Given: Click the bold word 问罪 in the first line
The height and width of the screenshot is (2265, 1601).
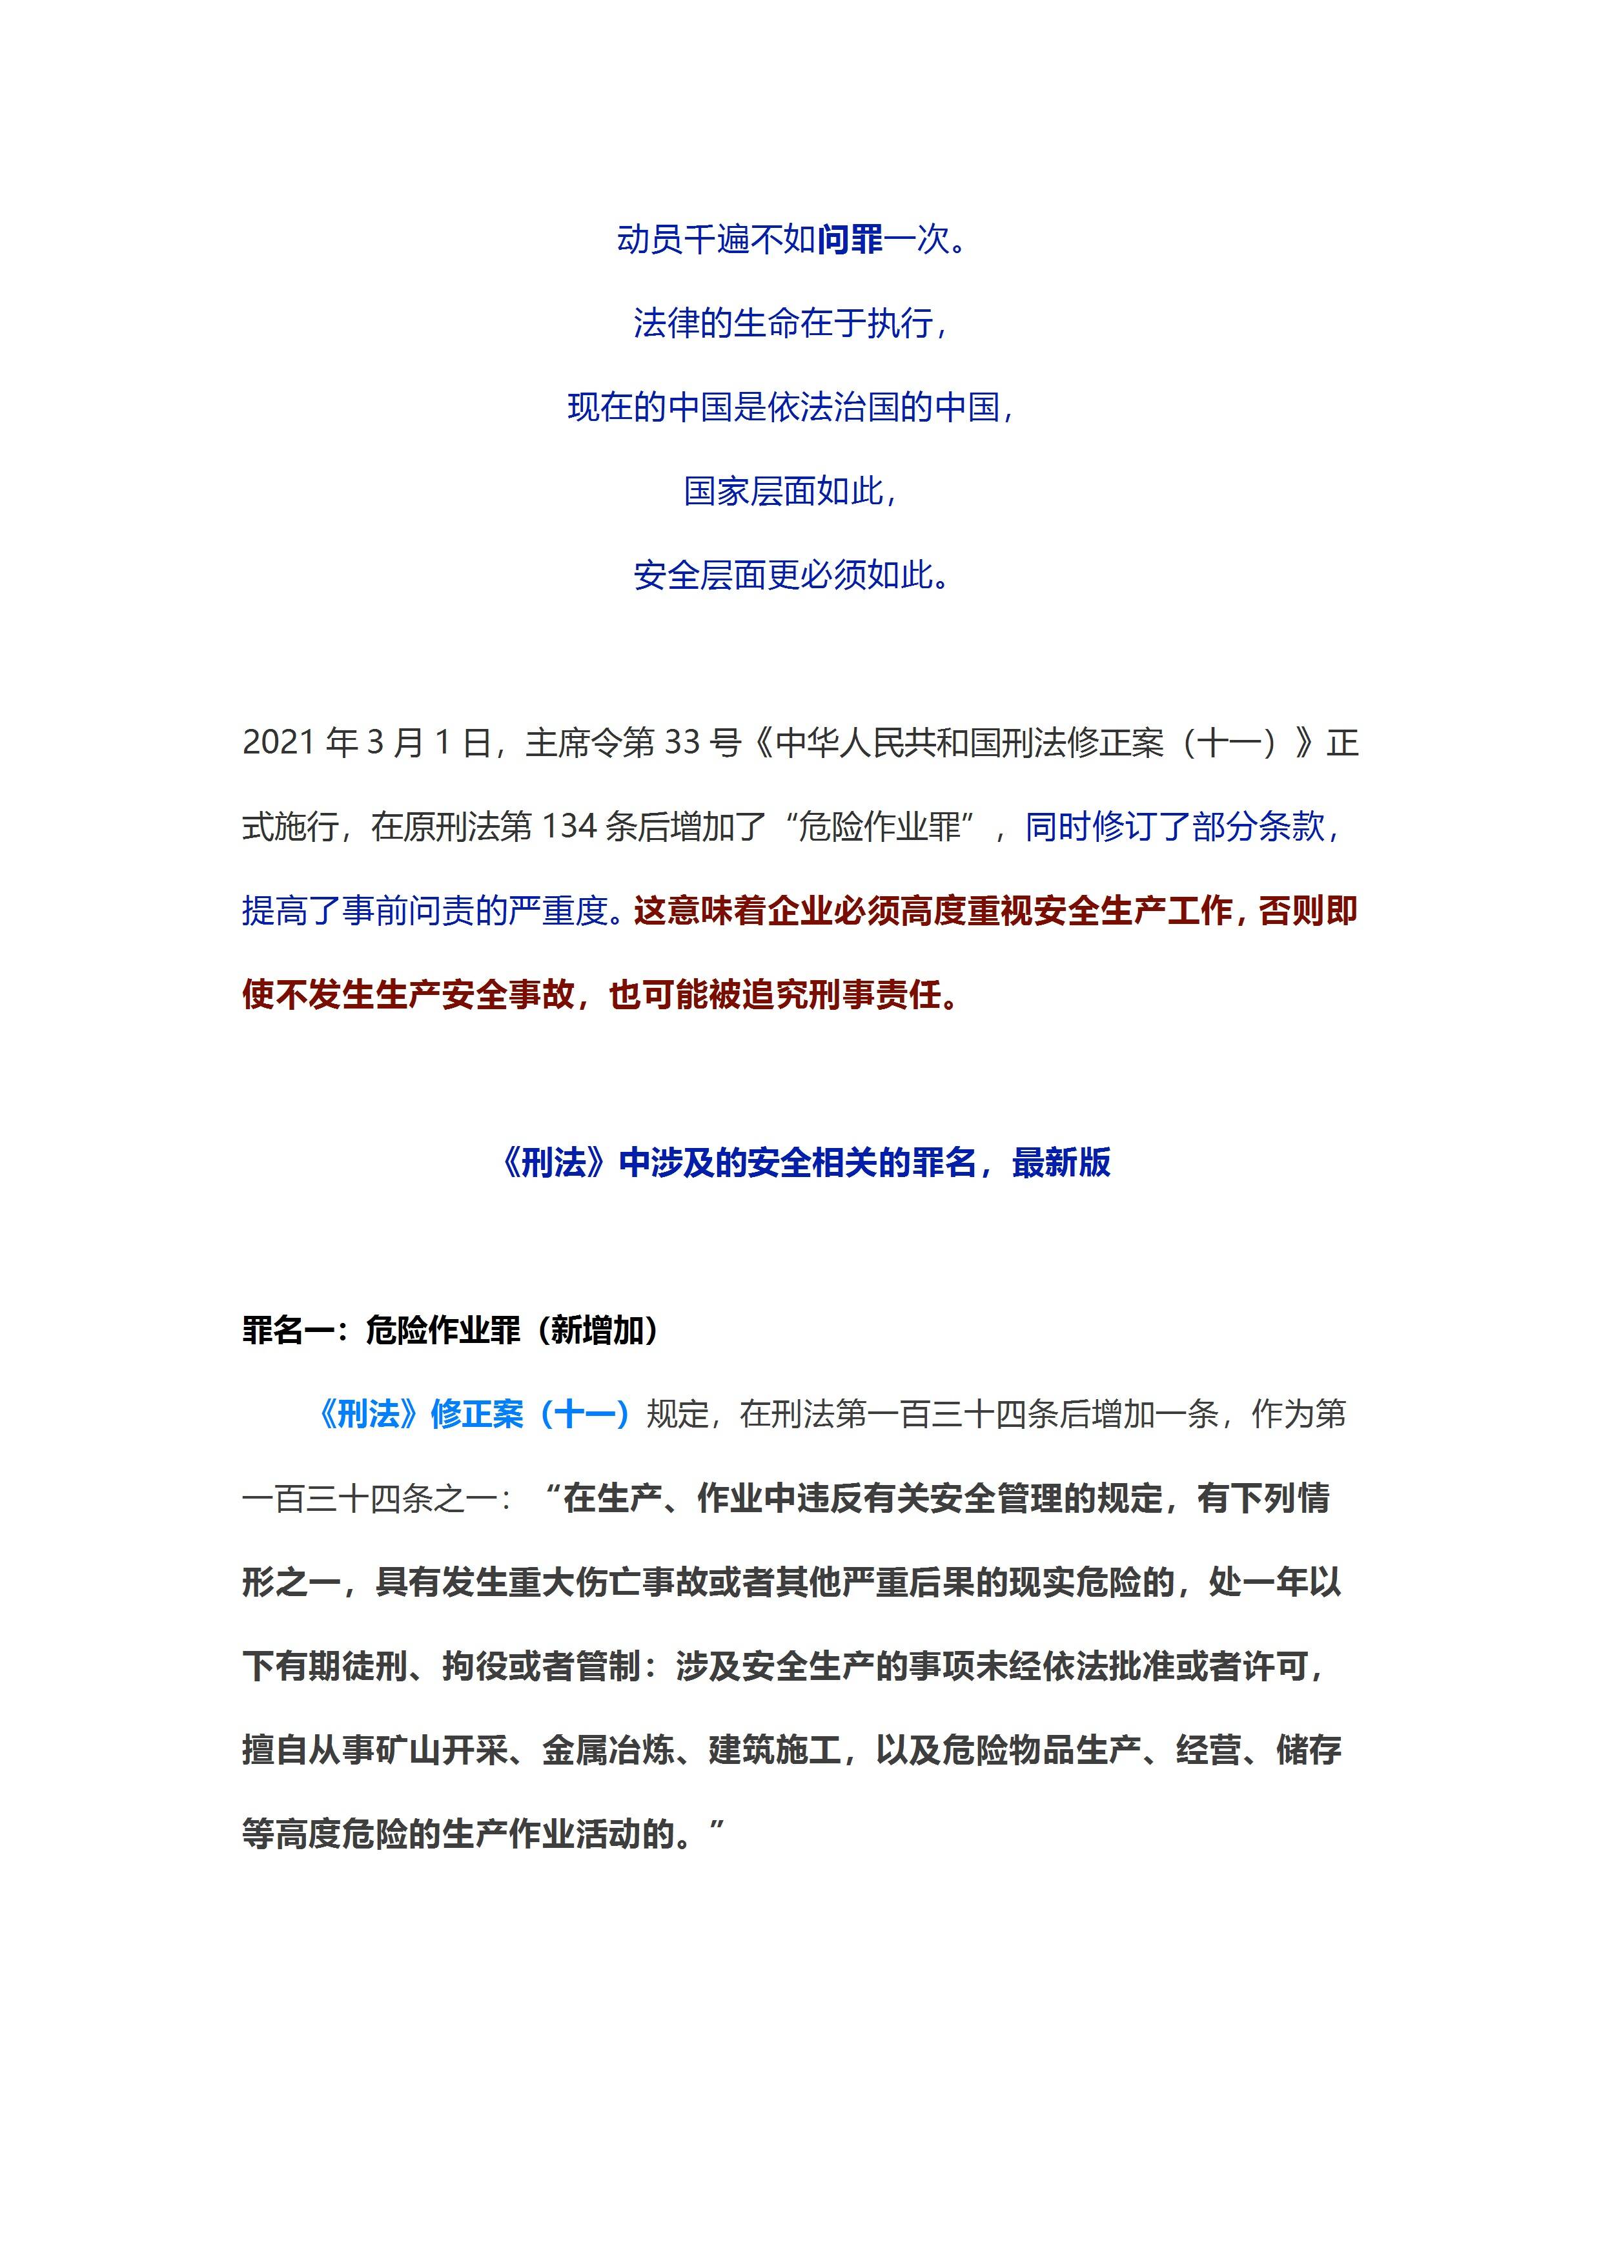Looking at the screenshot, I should tap(850, 240).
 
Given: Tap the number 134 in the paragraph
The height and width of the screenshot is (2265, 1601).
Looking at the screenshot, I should tap(569, 826).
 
